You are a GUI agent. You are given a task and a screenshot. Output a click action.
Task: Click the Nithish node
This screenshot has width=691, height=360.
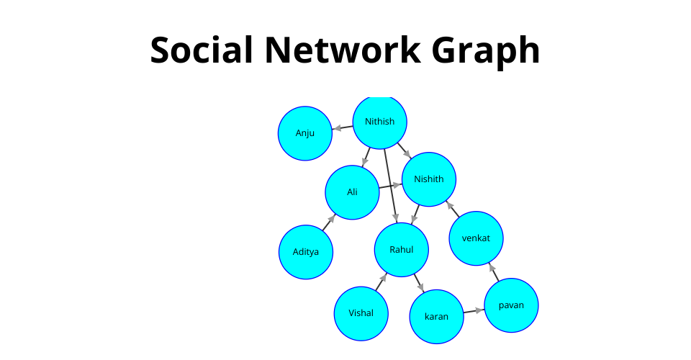[379, 122]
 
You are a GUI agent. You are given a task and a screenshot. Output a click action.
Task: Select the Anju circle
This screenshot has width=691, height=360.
[304, 133]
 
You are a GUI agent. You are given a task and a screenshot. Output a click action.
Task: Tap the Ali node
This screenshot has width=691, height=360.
[352, 192]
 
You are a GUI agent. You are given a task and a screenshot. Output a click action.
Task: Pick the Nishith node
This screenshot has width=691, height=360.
[428, 179]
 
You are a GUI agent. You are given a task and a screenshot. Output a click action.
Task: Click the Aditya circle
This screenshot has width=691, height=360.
[305, 252]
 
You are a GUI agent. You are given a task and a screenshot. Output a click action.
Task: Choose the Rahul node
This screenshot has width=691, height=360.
[401, 250]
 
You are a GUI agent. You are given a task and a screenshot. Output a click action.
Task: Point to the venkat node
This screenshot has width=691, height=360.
[476, 238]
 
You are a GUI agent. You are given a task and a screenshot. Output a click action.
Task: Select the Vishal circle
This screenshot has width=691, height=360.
[361, 313]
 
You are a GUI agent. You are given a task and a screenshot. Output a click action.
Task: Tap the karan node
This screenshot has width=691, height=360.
[436, 317]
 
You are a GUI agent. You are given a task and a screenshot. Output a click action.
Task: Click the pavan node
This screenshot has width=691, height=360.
[511, 305]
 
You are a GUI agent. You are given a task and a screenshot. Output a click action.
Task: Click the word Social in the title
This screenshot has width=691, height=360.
[201, 50]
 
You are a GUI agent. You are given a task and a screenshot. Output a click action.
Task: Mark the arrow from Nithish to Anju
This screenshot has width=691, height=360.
[342, 128]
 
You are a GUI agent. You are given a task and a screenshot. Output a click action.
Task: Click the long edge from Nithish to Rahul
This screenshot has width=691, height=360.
[389, 180]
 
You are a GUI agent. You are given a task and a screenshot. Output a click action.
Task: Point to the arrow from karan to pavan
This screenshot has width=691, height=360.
[474, 311]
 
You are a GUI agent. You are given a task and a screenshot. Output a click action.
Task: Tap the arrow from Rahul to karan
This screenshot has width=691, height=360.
[418, 284]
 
